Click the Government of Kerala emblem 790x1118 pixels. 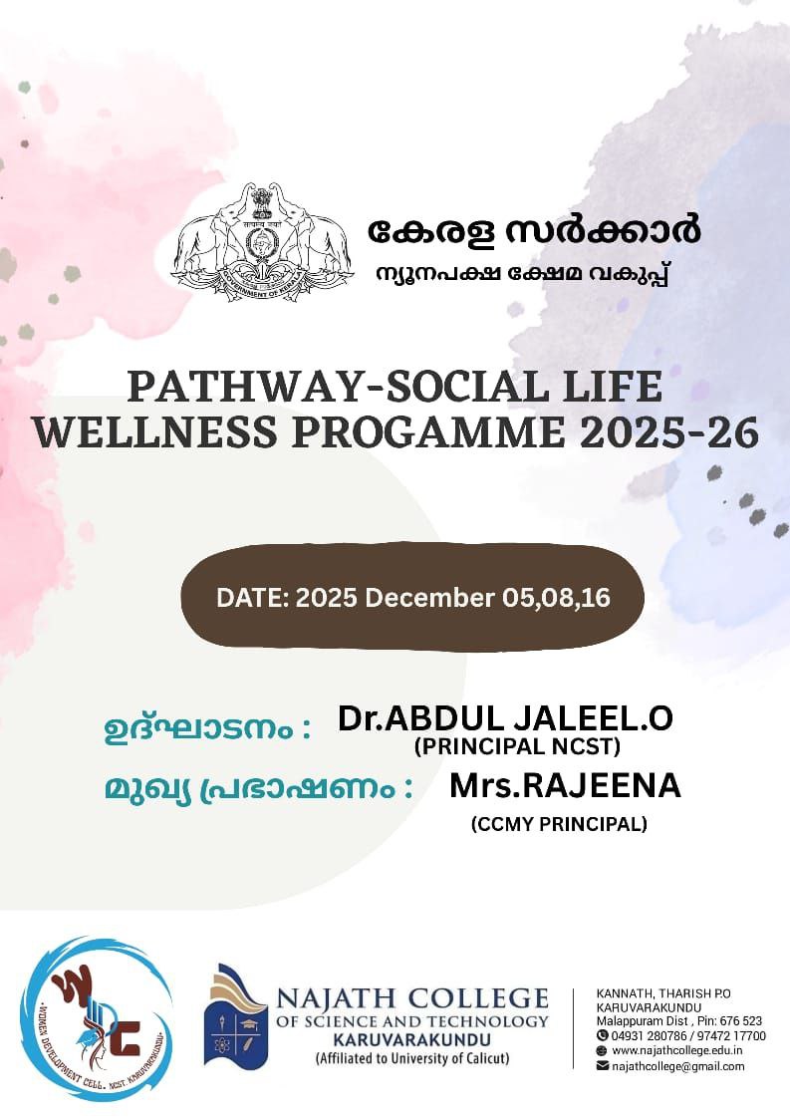262,241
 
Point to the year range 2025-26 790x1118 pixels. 668,432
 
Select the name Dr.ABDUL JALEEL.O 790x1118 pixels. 505,718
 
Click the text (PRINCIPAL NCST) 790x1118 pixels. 517,746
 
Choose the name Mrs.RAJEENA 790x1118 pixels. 565,785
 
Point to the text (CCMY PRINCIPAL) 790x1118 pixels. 559,824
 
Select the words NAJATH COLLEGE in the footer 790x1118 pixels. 412,998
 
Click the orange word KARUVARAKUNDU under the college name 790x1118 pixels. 412,1039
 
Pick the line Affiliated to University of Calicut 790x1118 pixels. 412,1058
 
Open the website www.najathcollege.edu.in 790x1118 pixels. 677,1051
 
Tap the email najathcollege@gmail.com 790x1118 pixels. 678,1066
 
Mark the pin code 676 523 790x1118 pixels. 741,1021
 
